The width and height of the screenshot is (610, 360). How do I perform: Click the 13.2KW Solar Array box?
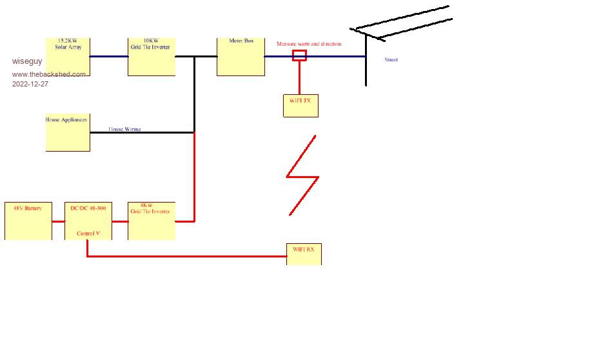pyautogui.click(x=68, y=57)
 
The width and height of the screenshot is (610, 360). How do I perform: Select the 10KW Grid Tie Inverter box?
pyautogui.click(x=152, y=57)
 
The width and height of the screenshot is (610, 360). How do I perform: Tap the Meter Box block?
pyautogui.click(x=241, y=57)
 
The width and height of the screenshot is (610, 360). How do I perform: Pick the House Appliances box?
pyautogui.click(x=68, y=133)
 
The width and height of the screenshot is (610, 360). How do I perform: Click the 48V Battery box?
pyautogui.click(x=28, y=221)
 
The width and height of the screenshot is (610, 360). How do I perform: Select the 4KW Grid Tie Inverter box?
pyautogui.click(x=152, y=221)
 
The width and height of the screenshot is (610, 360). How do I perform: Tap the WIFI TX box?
pyautogui.click(x=300, y=106)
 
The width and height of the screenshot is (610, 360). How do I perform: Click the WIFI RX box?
pyautogui.click(x=304, y=254)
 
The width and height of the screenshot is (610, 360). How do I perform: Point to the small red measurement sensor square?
pyautogui.click(x=299, y=55)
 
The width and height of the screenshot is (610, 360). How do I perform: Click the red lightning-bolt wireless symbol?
pyautogui.click(x=302, y=175)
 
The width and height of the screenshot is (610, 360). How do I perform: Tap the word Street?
pyautogui.click(x=391, y=60)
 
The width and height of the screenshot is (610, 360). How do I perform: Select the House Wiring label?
pyautogui.click(x=124, y=129)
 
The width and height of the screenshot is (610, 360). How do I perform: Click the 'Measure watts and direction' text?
pyautogui.click(x=309, y=44)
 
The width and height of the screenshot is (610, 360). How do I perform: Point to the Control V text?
pyautogui.click(x=88, y=234)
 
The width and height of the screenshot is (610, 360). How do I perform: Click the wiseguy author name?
pyautogui.click(x=27, y=61)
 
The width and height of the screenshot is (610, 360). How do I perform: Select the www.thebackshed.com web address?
pyautogui.click(x=48, y=74)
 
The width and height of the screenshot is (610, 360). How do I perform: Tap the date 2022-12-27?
pyautogui.click(x=30, y=84)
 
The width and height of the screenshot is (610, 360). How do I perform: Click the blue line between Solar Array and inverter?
pyautogui.click(x=109, y=57)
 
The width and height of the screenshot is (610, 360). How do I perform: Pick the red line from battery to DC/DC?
pyautogui.click(x=58, y=221)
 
